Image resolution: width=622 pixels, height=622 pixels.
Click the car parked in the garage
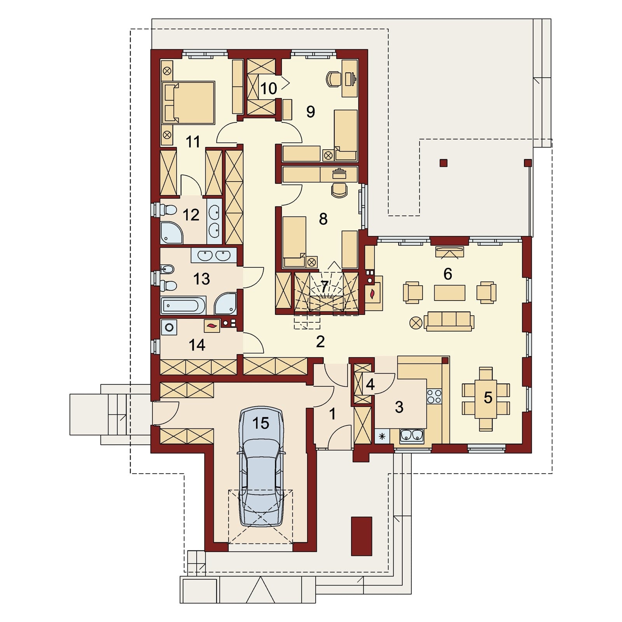(260, 466)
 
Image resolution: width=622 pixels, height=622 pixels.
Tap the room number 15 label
(260, 423)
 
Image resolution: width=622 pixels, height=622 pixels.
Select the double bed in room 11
(188, 103)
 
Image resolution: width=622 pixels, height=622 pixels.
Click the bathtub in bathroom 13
(183, 305)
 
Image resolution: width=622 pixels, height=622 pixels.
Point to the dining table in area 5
(486, 399)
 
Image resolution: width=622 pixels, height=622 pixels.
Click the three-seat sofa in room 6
(449, 321)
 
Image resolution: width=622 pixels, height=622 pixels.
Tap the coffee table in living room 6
(450, 293)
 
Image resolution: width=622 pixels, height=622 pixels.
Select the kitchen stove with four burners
(434, 396)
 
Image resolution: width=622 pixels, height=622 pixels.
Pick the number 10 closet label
(268, 89)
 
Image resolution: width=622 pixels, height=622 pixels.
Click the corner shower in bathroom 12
(171, 232)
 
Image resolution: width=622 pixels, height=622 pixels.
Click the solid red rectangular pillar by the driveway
(362, 536)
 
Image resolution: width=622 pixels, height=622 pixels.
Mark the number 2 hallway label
(320, 342)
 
